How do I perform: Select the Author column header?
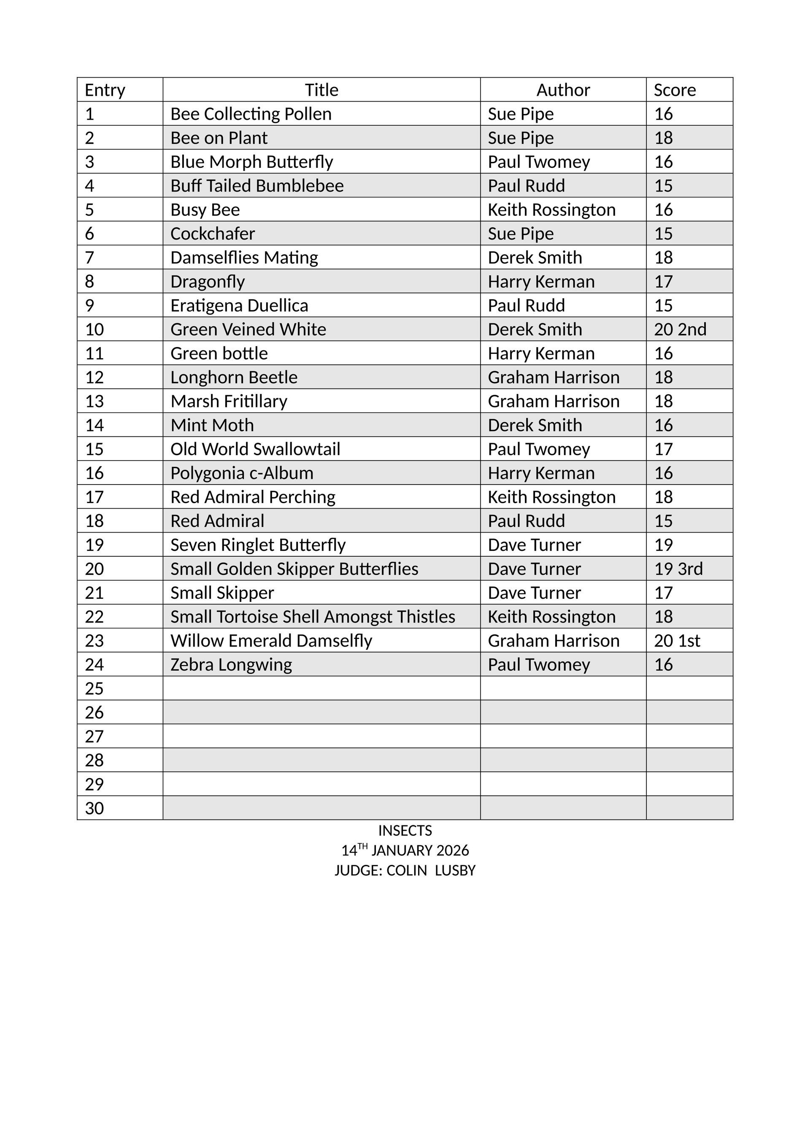point(563,90)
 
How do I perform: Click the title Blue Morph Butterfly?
point(251,162)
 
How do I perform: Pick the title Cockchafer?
point(213,233)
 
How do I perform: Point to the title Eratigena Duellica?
point(239,305)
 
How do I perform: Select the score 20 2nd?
point(680,329)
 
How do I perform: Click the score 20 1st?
point(677,640)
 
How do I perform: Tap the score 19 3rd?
point(678,568)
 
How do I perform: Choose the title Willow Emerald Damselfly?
point(271,640)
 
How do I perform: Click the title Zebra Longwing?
point(231,664)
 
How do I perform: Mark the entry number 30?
point(94,808)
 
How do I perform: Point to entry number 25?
point(94,688)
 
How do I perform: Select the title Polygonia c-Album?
point(242,473)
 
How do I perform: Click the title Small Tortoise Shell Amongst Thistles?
point(313,617)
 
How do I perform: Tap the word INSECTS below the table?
point(405,830)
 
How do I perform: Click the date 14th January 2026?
point(405,850)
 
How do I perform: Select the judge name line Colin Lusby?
point(405,870)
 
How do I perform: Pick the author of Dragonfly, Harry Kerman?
point(541,281)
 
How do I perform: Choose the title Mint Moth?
point(212,425)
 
